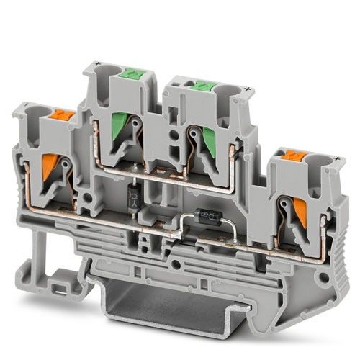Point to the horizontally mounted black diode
tap(200, 215)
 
